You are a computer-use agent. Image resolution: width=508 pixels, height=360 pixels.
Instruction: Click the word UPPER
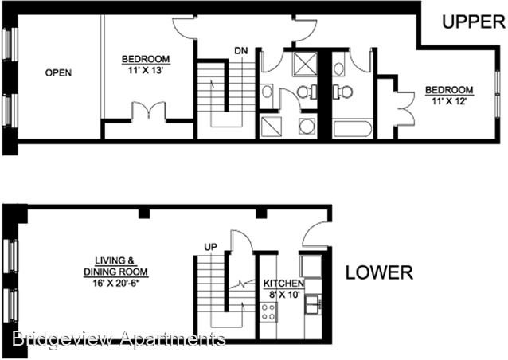474,22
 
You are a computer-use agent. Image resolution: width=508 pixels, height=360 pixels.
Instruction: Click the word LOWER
379,272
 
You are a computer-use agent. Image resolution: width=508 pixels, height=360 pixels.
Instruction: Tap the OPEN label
58,72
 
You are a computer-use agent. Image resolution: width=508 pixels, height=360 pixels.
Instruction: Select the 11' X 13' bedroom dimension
145,70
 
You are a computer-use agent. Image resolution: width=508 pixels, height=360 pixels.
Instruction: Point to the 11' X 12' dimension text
449,101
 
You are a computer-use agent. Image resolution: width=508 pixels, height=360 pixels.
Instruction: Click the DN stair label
241,51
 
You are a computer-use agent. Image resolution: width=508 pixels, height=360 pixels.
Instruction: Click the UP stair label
210,247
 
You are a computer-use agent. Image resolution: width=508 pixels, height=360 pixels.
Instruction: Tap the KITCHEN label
283,284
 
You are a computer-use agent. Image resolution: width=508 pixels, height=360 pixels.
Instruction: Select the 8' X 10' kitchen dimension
282,295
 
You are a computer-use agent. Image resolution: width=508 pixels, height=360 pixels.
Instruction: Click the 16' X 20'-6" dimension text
116,283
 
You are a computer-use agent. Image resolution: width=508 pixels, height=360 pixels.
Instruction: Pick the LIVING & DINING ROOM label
115,266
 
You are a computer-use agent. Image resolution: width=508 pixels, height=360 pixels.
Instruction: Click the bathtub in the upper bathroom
353,129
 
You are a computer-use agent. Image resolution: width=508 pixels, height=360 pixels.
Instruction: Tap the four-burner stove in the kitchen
268,312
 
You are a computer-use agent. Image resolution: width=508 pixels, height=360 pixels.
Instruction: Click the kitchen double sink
313,304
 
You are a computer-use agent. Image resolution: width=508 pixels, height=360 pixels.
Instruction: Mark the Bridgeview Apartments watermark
119,339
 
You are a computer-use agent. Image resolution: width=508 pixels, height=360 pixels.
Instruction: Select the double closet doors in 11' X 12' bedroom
405,109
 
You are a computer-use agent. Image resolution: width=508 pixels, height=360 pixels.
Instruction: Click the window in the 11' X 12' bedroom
498,94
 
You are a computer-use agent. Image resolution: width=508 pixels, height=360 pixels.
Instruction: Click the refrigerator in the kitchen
311,267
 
